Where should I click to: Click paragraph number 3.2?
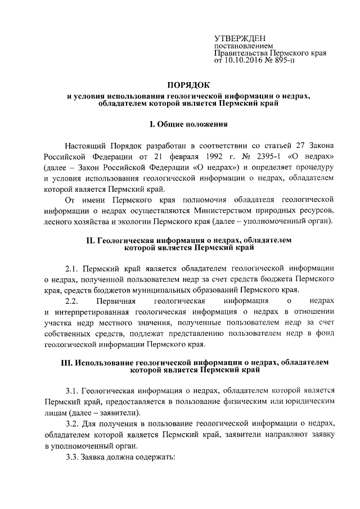(x=74, y=423)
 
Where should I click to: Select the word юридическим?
(x=304, y=400)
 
